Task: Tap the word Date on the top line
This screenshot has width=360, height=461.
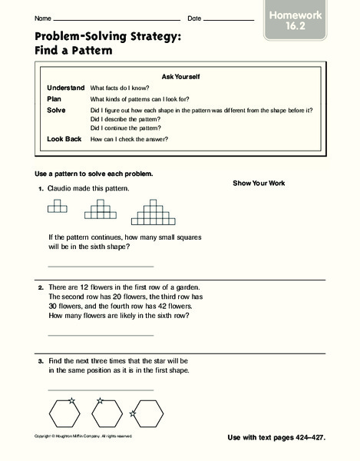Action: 194,18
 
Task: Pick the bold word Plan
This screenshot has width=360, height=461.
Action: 54,99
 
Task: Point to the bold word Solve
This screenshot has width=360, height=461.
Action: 56,110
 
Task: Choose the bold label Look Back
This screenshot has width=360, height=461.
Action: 64,139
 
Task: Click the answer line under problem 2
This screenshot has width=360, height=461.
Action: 100,335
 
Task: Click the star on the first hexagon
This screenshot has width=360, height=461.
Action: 71,400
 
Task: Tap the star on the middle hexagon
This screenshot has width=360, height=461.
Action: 100,400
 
